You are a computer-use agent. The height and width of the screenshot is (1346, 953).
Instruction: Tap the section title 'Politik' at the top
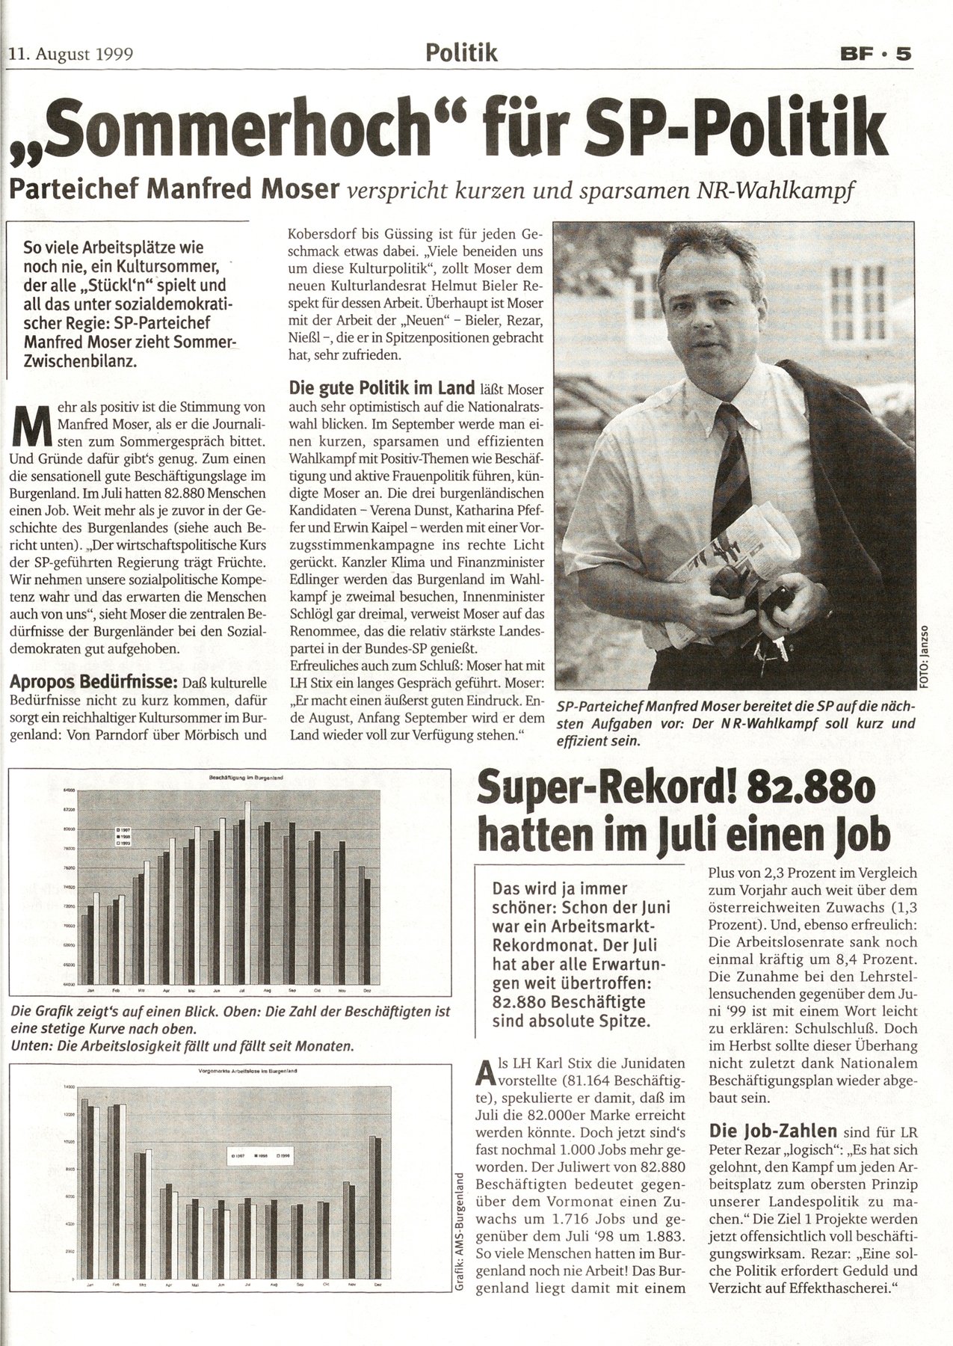[461, 52]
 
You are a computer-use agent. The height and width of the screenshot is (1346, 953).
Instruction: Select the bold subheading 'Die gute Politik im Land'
[382, 387]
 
